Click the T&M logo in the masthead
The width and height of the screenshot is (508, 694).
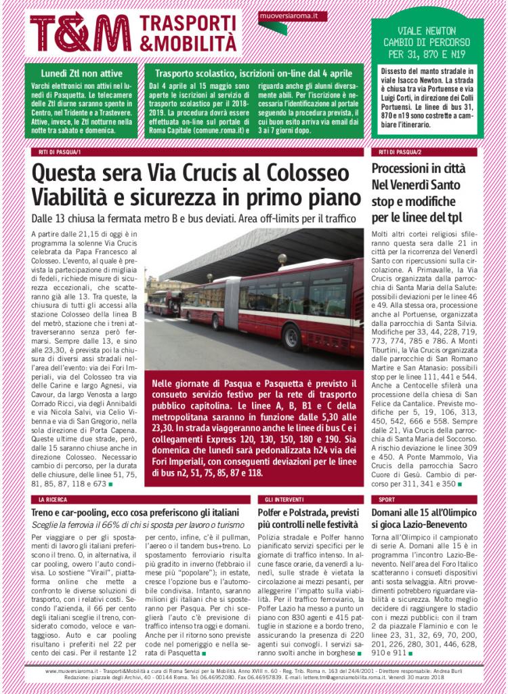click(80, 33)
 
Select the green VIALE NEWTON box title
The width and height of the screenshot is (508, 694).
click(427, 41)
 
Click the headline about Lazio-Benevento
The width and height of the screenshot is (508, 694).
click(427, 518)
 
